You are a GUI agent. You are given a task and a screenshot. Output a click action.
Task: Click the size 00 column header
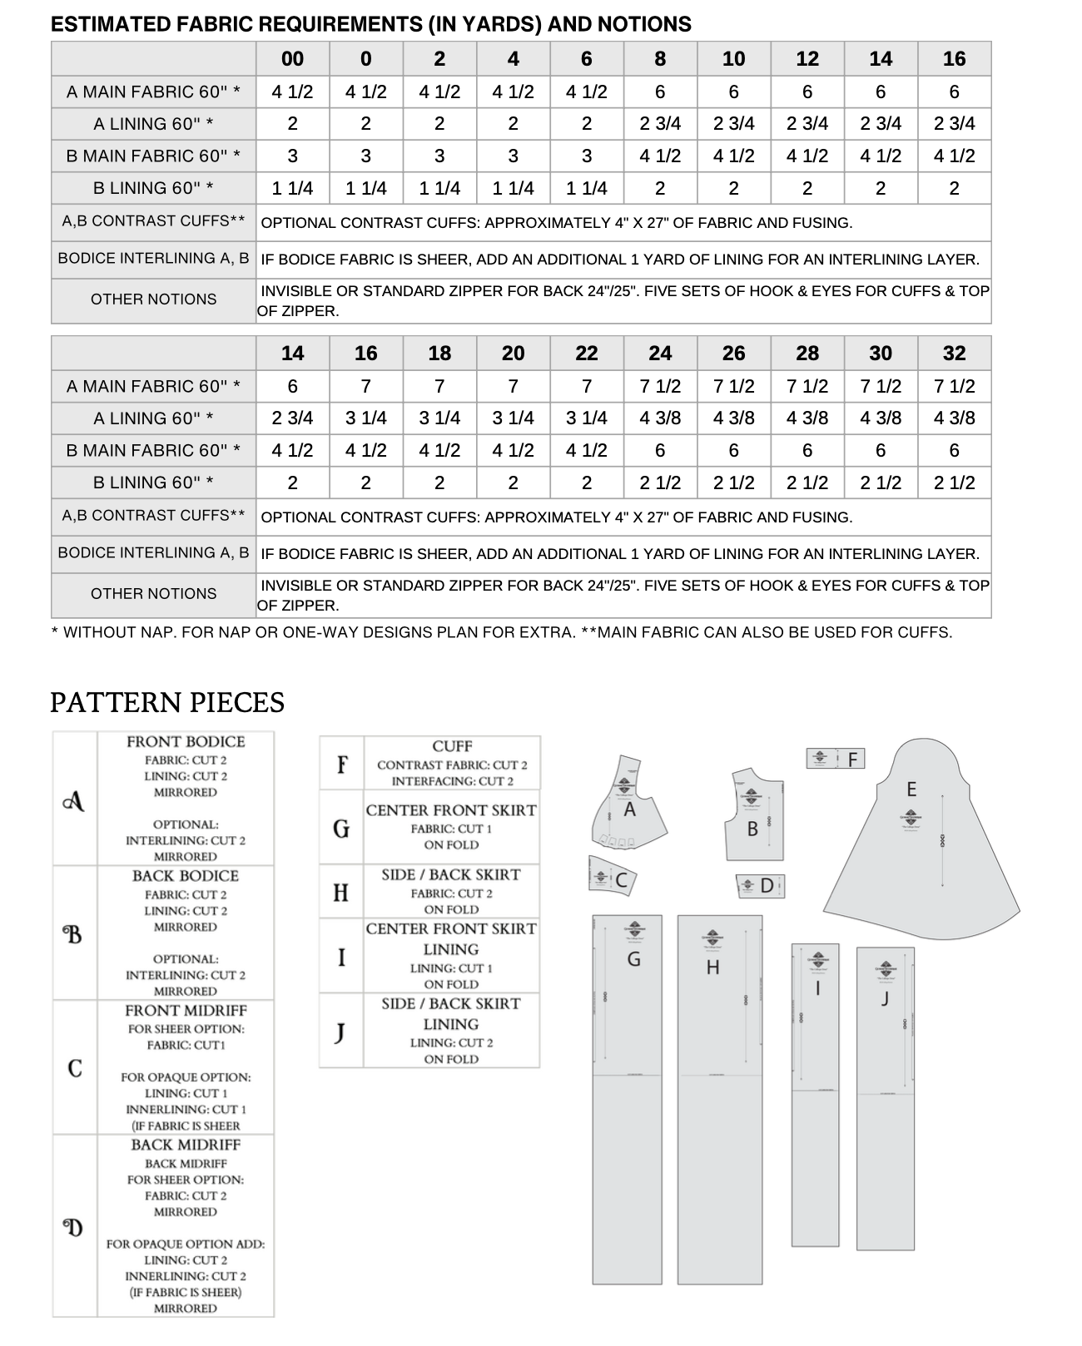(292, 59)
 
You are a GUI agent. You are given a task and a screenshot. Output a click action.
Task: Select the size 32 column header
(954, 354)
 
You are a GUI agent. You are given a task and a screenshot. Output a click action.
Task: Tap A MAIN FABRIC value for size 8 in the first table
(660, 92)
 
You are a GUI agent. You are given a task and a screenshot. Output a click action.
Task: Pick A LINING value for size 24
(660, 418)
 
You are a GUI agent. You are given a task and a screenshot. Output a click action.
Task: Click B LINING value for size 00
(292, 188)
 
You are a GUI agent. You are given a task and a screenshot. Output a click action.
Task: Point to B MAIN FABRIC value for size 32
(954, 450)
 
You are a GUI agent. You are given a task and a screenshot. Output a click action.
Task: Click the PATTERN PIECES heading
(167, 703)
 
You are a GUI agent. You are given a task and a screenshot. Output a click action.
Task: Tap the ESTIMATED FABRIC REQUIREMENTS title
(371, 24)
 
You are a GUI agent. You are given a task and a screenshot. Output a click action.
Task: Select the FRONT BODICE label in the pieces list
(186, 741)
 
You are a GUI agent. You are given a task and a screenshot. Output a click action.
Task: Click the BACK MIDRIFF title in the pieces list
(186, 1145)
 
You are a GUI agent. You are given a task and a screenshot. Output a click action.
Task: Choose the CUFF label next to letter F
(452, 746)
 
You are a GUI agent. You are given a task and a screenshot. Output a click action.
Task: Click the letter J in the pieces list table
(340, 1032)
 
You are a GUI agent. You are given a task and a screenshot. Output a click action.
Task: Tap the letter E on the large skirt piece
(911, 789)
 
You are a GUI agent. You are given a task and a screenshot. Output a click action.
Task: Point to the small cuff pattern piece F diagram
(836, 759)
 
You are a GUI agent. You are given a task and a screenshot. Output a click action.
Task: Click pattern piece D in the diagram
(761, 886)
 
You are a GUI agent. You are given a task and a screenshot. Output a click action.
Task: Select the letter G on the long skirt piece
(633, 959)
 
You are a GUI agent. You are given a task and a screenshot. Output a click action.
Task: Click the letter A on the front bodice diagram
(629, 809)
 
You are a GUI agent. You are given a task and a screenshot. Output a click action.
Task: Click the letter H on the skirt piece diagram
(712, 967)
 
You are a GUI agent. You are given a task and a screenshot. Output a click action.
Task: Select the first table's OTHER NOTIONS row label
(154, 299)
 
